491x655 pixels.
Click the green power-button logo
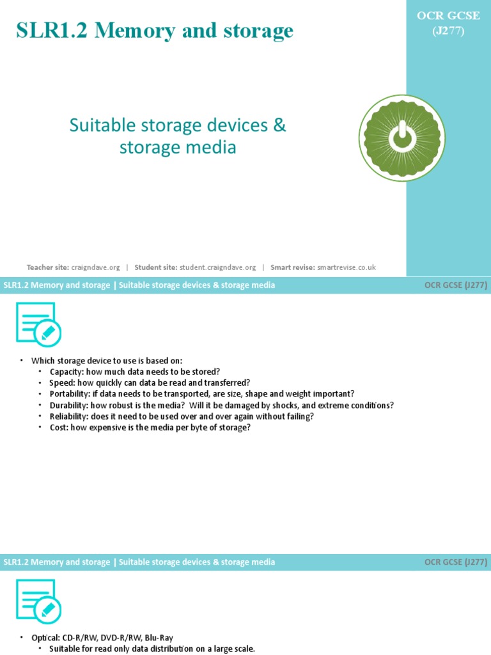(x=401, y=138)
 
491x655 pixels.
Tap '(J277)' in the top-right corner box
(x=449, y=29)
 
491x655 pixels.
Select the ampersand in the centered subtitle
(x=280, y=125)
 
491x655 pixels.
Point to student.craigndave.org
(x=218, y=267)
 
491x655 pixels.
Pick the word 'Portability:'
(x=70, y=394)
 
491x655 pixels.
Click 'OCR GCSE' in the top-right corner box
(x=449, y=16)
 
